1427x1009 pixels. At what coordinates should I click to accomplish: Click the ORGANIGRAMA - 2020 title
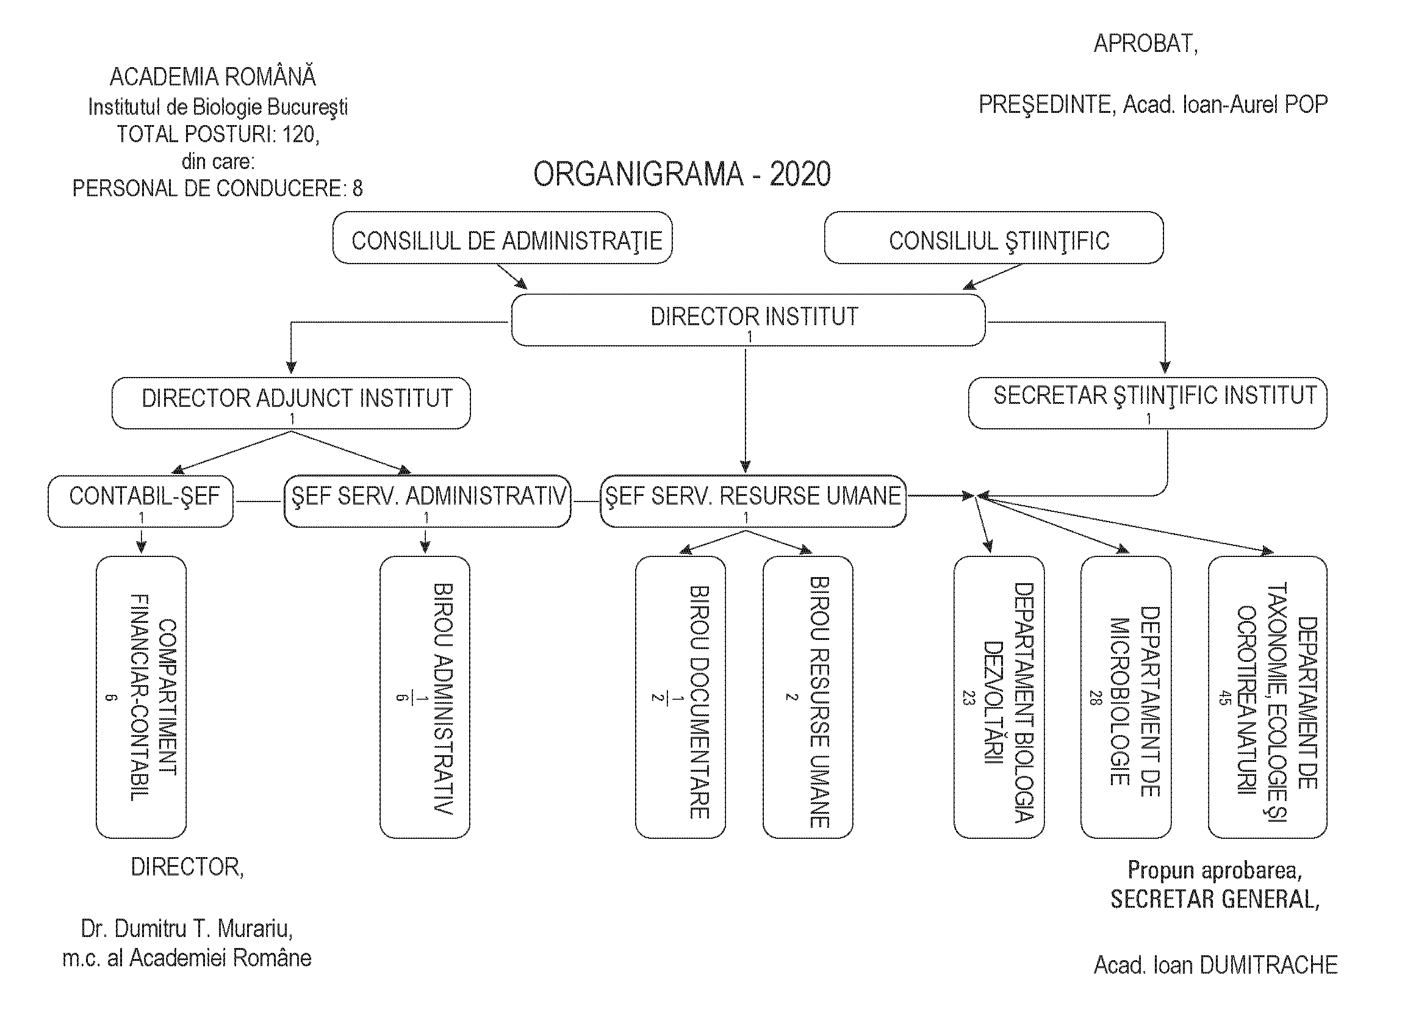point(682,174)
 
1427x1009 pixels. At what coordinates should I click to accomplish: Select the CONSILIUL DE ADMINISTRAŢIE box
point(502,239)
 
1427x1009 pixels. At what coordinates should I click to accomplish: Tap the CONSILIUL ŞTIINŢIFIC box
point(994,239)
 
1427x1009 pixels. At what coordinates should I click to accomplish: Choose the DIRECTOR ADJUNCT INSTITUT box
point(291,403)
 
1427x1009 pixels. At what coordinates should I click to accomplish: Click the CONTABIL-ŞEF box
point(141,501)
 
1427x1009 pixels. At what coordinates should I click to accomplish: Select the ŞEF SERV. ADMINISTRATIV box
point(428,501)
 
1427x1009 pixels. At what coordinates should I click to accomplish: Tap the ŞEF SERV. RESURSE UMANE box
point(753,501)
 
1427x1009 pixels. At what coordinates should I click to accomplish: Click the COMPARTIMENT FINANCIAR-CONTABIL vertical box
point(141,697)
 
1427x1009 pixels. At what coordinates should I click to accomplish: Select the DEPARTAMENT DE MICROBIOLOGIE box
point(1126,697)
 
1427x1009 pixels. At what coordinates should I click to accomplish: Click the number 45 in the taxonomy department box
point(1224,698)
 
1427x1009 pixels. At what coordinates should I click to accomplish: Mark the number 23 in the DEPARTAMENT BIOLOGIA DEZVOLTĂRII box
point(968,698)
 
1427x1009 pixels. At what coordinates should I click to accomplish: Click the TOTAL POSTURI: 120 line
point(218,134)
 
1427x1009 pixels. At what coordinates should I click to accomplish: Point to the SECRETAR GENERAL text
point(1215,899)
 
